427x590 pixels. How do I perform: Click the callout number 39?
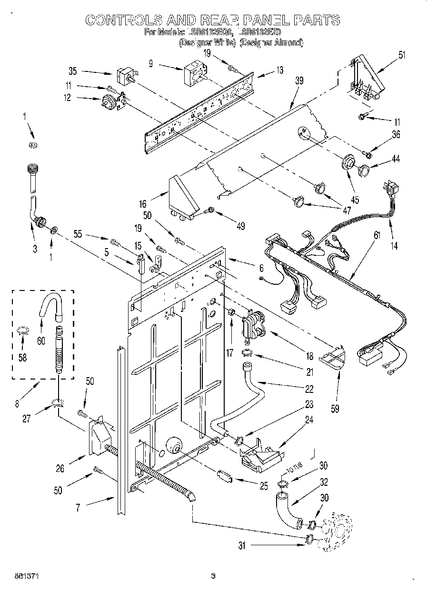coord(299,81)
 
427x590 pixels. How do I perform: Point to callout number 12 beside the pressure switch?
coord(67,98)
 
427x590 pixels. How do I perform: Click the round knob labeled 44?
coord(365,170)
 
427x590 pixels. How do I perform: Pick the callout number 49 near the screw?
coord(240,226)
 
